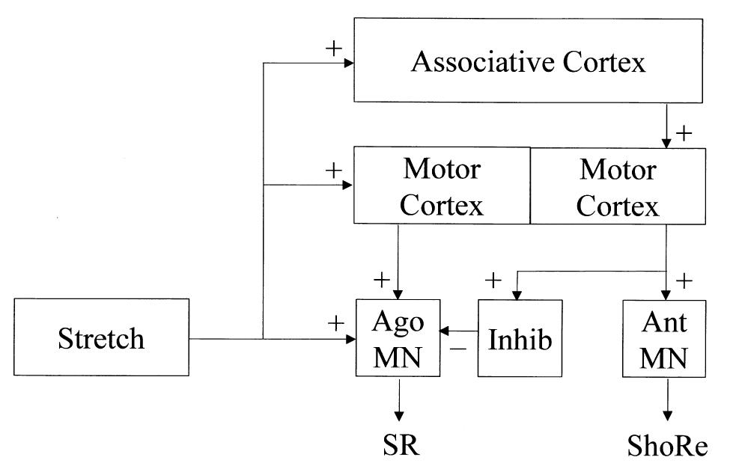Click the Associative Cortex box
click(x=528, y=61)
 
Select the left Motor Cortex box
click(x=441, y=186)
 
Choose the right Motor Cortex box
click(x=618, y=186)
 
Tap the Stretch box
click(x=101, y=339)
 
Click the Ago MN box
click(x=398, y=339)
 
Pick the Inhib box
click(x=520, y=339)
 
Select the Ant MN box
click(x=666, y=339)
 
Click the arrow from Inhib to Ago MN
click(x=459, y=330)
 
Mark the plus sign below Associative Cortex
click(x=684, y=133)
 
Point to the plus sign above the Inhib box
click(x=493, y=281)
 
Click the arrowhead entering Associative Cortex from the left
click(x=348, y=64)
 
